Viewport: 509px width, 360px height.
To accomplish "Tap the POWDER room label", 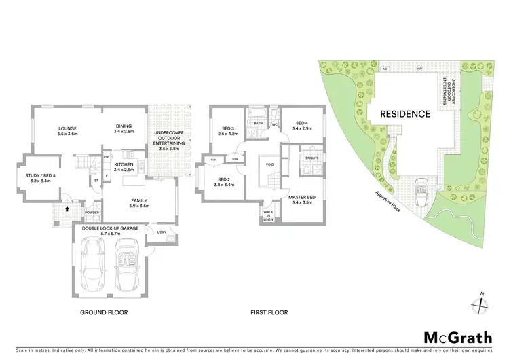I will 92,213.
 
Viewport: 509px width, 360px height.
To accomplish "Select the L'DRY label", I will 162,232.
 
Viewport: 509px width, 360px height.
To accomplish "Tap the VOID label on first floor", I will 270,164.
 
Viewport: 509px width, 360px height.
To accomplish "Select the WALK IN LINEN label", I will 269,215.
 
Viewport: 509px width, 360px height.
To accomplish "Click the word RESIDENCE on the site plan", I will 404,114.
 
